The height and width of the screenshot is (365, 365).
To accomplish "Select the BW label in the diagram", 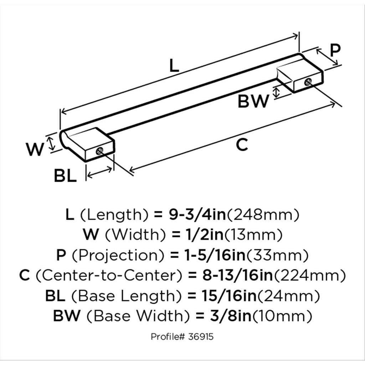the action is pyautogui.click(x=253, y=101).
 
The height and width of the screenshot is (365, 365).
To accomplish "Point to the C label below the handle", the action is pyautogui.click(x=242, y=144).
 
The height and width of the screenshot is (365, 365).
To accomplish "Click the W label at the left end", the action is pyautogui.click(x=35, y=149).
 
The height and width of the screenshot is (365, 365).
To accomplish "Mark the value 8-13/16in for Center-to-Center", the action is pyautogui.click(x=237, y=276).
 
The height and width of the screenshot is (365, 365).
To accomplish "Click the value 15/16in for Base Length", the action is pyautogui.click(x=229, y=296).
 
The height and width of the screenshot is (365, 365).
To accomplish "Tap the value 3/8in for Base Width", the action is pyautogui.click(x=231, y=316).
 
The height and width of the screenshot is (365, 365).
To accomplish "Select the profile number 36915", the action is pyautogui.click(x=201, y=336).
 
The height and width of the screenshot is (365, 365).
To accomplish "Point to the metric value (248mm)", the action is pyautogui.click(x=263, y=215).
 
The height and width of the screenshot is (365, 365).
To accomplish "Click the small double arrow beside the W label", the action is pyautogui.click(x=51, y=143).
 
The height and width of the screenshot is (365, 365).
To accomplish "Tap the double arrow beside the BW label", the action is pyautogui.click(x=276, y=92).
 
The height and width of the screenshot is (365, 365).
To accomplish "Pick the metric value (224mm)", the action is pyautogui.click(x=309, y=276).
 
